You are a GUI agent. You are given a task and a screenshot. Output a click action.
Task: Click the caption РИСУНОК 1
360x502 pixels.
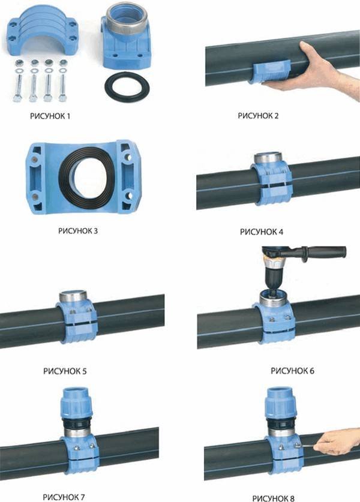coord(50,116)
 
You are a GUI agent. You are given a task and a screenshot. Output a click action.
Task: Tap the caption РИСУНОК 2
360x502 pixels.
coord(258,116)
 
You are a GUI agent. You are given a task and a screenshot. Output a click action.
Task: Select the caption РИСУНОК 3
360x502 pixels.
coord(78,230)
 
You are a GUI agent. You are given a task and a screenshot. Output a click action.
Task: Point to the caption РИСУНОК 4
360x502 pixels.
coord(262,232)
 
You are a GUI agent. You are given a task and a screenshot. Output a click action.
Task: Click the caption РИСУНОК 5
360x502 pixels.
coord(65,371)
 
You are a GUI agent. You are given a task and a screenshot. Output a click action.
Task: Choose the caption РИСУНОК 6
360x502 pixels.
coord(292,371)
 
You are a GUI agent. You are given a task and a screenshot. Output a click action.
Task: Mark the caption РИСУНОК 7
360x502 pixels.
coord(64,497)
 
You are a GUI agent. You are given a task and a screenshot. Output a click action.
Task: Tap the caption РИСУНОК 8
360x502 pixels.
coord(273,498)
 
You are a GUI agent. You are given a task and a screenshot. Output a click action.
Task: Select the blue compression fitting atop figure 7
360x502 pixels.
coord(77,404)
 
